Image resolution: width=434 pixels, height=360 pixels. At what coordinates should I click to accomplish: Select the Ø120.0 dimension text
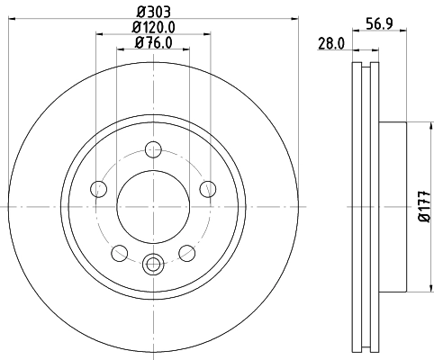(154, 28)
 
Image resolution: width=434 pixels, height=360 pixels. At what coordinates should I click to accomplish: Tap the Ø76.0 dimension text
(153, 42)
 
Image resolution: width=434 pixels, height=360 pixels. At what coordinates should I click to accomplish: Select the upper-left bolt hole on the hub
(98, 188)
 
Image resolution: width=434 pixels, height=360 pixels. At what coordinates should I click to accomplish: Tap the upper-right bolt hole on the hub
(207, 188)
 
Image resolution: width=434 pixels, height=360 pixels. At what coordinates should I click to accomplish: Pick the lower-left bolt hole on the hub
(119, 253)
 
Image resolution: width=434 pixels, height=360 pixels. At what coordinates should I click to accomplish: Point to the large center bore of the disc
(153, 207)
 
